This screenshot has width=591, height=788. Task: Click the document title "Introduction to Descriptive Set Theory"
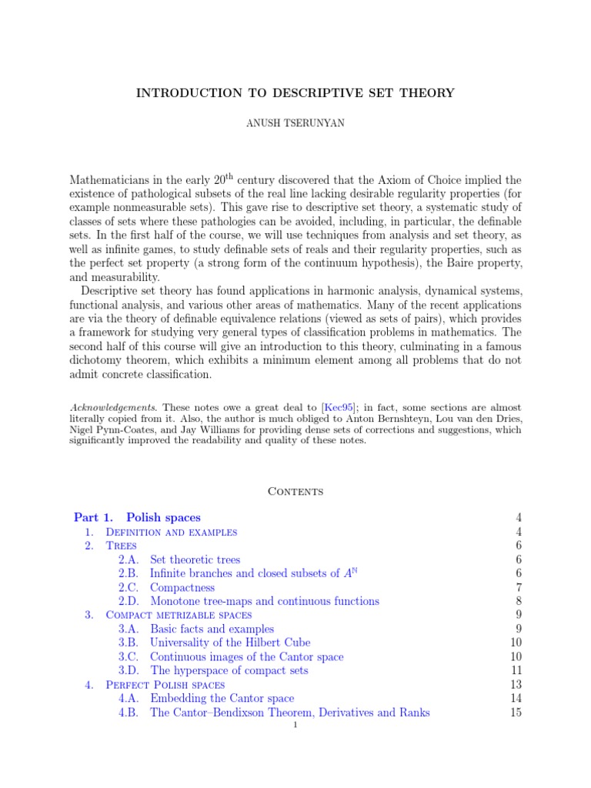[x=295, y=93]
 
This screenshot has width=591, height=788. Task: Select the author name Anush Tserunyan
[x=295, y=124]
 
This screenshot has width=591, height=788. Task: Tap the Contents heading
[x=295, y=491]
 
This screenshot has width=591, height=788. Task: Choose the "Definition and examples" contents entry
[x=170, y=532]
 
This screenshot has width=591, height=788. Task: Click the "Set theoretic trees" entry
[x=195, y=559]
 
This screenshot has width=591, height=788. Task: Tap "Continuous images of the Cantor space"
[x=246, y=656]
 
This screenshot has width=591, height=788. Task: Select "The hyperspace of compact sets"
[x=229, y=670]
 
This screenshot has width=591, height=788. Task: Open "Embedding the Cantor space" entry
[x=222, y=698]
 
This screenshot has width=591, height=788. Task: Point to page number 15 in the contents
[x=516, y=712]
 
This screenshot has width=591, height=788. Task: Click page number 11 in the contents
[x=516, y=670]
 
